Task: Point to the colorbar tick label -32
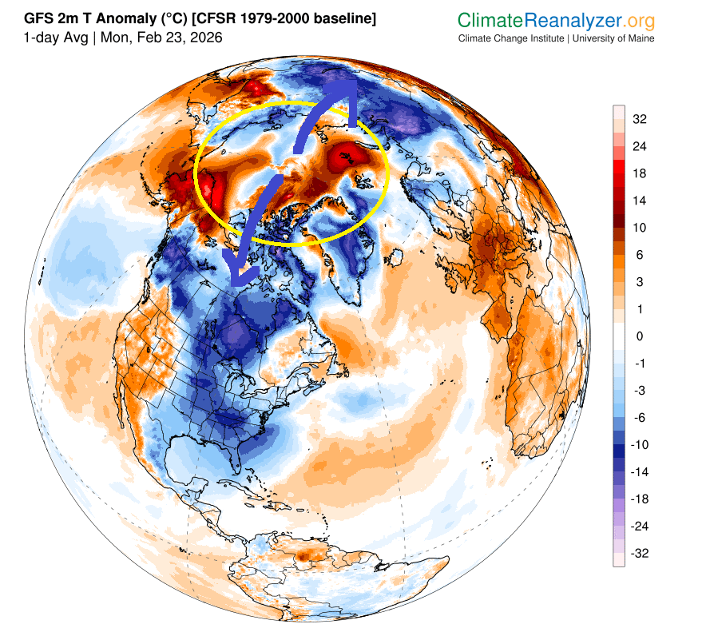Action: [x=641, y=553]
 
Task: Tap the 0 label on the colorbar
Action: [x=639, y=336]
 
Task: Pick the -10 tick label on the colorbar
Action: [x=641, y=444]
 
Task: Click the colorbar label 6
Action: [x=639, y=255]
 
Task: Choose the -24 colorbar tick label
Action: [x=641, y=526]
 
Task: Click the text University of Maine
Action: [x=613, y=38]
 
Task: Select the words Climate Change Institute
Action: [x=512, y=38]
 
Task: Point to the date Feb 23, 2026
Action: [x=183, y=38]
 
